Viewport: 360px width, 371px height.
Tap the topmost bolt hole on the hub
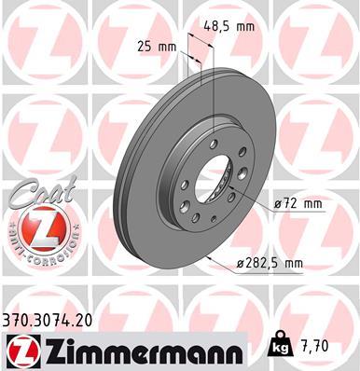point(214,142)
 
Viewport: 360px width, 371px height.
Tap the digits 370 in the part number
point(17,320)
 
